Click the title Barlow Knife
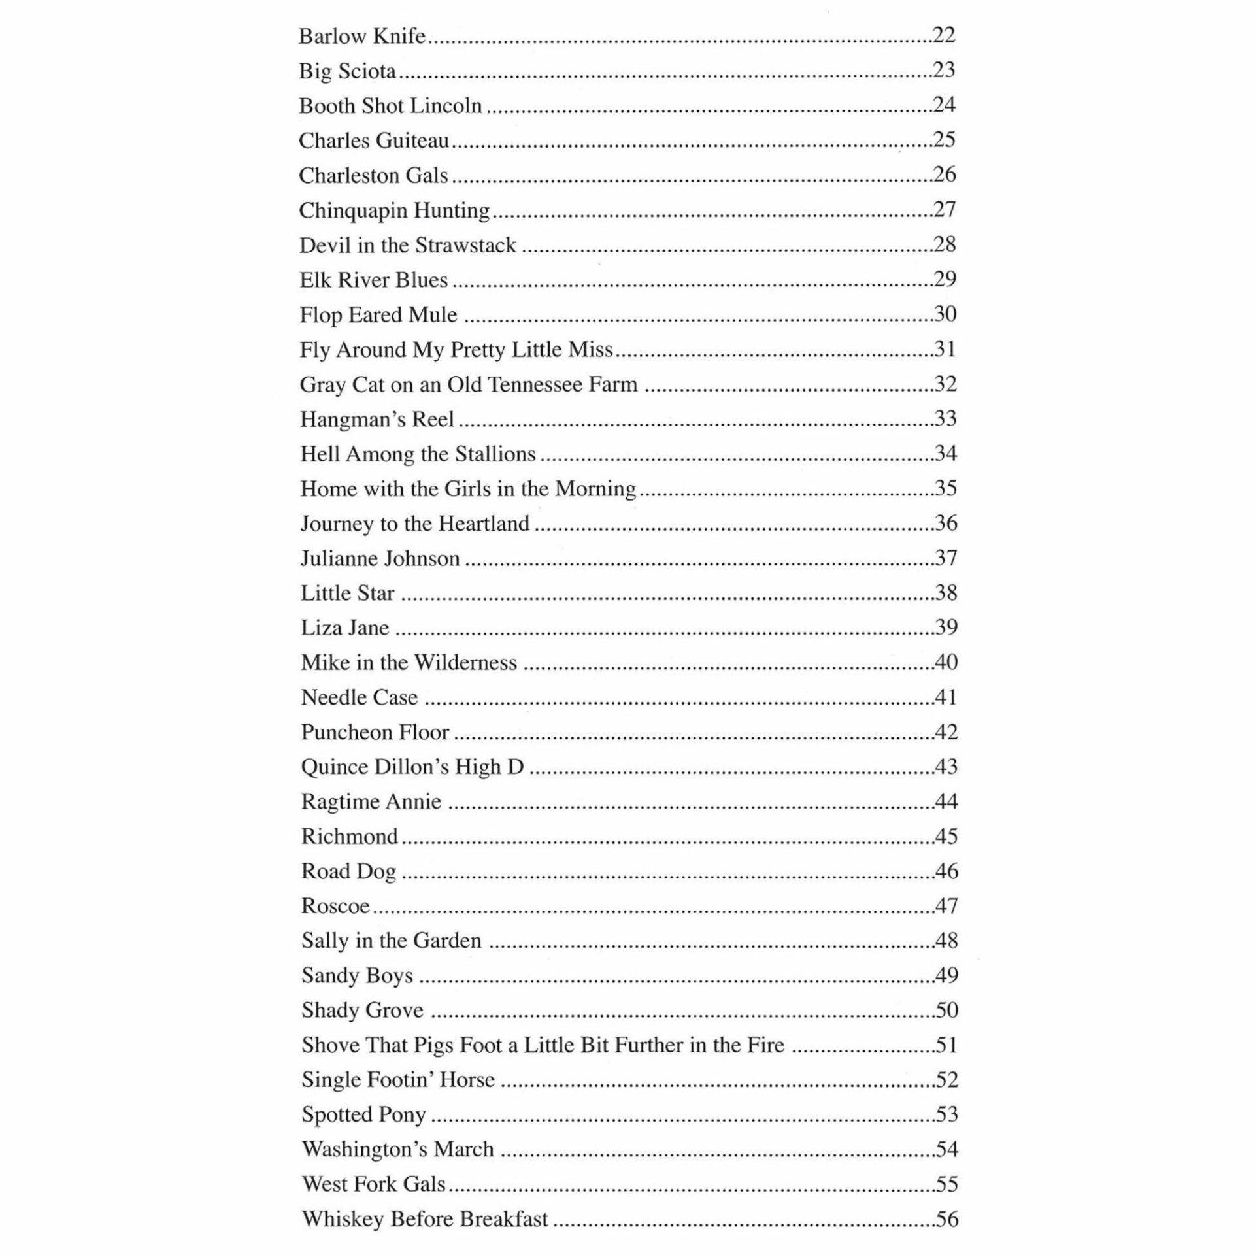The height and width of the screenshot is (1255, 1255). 362,36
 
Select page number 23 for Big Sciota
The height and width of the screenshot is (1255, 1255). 944,70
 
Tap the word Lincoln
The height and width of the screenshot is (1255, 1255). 451,105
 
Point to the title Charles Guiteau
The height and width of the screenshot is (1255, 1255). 374,141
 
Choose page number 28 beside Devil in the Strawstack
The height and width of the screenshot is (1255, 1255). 945,244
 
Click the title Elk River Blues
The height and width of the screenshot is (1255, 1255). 373,280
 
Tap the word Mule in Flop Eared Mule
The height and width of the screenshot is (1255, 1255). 433,314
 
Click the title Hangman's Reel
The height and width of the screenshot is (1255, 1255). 376,419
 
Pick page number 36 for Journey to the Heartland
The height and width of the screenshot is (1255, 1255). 946,523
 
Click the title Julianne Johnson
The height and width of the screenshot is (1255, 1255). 380,558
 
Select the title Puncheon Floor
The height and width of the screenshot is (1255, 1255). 375,732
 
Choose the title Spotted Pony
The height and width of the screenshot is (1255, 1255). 363,1114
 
